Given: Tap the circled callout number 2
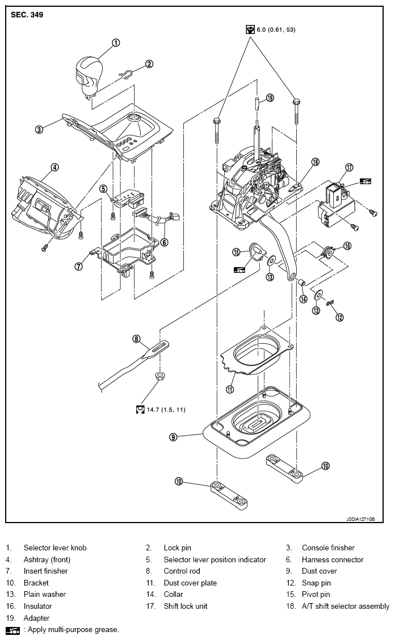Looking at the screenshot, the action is point(149,64).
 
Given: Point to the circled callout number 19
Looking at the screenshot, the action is point(270,98).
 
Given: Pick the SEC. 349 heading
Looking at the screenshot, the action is point(27,15).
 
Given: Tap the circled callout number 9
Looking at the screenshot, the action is point(173,437).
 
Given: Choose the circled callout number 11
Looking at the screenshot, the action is point(230,389).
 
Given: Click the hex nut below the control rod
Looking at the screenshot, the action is point(159,375).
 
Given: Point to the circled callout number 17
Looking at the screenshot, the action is point(349,167).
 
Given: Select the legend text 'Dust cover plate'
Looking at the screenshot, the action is point(190,583).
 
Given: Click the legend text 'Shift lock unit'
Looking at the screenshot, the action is point(186,606).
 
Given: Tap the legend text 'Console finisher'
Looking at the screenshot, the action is point(328,548).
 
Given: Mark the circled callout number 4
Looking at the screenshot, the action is point(54,167).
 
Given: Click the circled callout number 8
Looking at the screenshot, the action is point(136,338).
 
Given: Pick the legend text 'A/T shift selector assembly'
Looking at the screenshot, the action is point(346,606).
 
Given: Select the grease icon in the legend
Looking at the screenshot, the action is point(12,630).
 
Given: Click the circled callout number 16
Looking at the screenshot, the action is point(347,246).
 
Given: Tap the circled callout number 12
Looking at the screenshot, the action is point(339,317).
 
